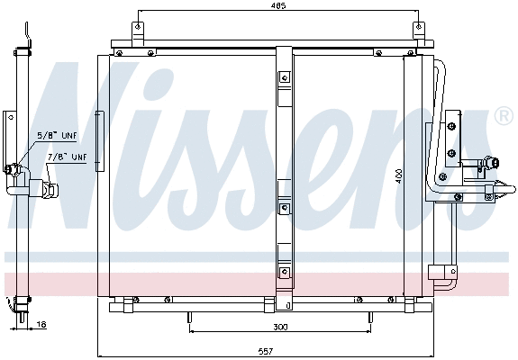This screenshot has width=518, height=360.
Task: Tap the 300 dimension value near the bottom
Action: coord(282,328)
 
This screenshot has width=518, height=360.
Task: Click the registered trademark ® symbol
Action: coord(504,116)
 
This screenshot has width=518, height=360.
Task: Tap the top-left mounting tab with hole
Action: coord(137,29)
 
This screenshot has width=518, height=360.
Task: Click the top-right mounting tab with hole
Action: coord(417,29)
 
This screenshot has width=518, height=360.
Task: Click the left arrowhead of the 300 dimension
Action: coord(194,328)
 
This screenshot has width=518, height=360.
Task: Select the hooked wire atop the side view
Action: coord(29,40)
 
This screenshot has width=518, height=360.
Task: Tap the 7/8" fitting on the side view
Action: coord(47,190)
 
